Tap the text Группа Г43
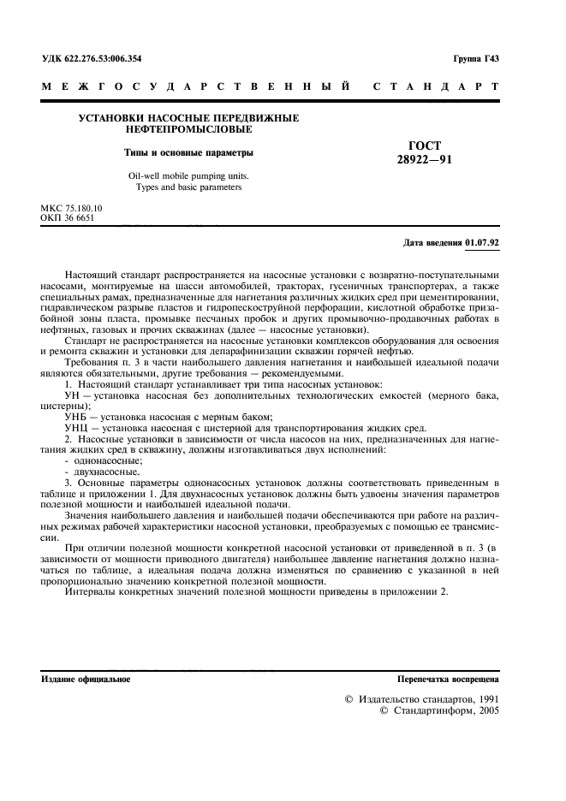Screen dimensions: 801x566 475,59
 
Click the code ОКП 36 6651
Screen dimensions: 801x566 68,218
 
